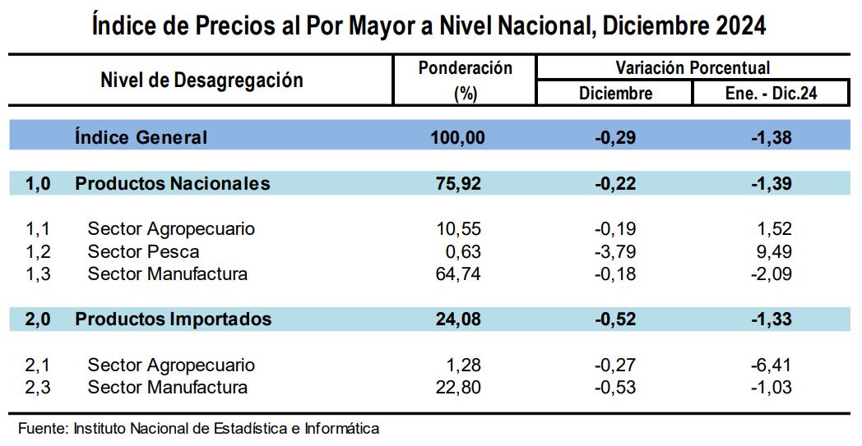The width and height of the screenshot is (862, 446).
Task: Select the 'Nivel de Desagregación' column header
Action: coord(202,80)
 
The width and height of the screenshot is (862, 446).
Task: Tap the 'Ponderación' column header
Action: coord(465,68)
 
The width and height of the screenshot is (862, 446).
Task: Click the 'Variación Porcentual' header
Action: coord(693,68)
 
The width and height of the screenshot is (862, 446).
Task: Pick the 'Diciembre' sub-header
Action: coord(615,93)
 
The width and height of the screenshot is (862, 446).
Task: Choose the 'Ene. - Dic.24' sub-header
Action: coord(772,93)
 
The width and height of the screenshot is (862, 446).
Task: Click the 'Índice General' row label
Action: coord(141,137)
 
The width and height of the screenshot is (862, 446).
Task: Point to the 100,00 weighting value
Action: coord(458,138)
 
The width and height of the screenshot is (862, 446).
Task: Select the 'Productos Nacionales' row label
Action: coord(172,183)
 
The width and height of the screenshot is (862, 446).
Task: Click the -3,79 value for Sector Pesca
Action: coord(615,251)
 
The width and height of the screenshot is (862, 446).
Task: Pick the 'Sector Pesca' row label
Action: coord(143,251)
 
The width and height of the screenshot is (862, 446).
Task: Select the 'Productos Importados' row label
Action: coord(173,319)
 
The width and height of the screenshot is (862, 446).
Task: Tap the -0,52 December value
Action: coord(615,319)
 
